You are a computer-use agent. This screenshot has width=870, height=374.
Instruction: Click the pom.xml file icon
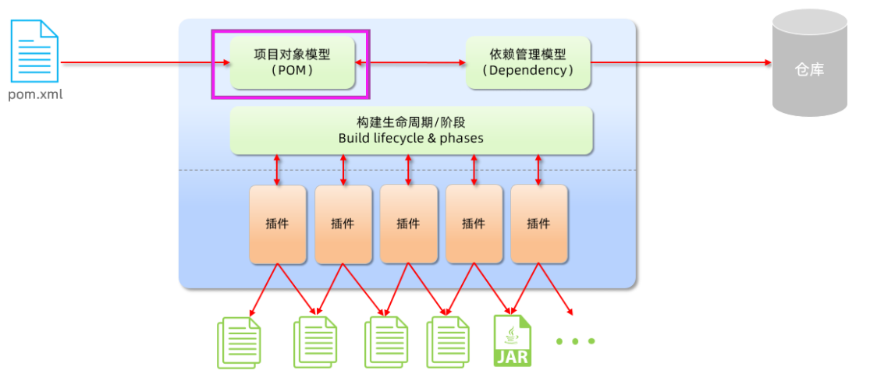[34, 51]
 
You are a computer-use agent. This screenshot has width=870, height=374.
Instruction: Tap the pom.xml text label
[35, 95]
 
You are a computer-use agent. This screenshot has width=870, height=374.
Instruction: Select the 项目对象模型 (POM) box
[292, 62]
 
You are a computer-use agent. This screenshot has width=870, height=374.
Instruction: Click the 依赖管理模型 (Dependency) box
[528, 62]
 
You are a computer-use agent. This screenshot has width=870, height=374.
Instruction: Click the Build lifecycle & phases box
[411, 130]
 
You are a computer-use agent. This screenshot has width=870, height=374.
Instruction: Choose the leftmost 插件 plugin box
[277, 224]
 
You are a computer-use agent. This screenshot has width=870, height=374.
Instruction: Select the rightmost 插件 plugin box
[538, 224]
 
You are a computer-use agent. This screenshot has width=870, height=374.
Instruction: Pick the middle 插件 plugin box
[408, 224]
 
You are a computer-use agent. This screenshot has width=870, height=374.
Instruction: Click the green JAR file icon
[512, 340]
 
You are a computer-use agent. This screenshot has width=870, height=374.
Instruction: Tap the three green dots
[576, 341]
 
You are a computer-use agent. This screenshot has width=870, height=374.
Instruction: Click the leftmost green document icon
[239, 341]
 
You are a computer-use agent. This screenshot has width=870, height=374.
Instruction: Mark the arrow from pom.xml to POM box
[144, 62]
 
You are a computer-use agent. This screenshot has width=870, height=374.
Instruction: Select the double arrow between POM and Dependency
[410, 62]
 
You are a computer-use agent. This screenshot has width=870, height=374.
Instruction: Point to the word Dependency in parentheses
[528, 70]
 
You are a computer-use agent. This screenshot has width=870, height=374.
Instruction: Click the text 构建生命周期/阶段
[411, 122]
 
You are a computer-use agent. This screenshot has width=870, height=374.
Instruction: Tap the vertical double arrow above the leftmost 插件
[277, 170]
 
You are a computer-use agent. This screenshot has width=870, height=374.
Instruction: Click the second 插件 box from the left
[343, 224]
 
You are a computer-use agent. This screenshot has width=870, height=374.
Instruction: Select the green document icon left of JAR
[447, 341]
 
